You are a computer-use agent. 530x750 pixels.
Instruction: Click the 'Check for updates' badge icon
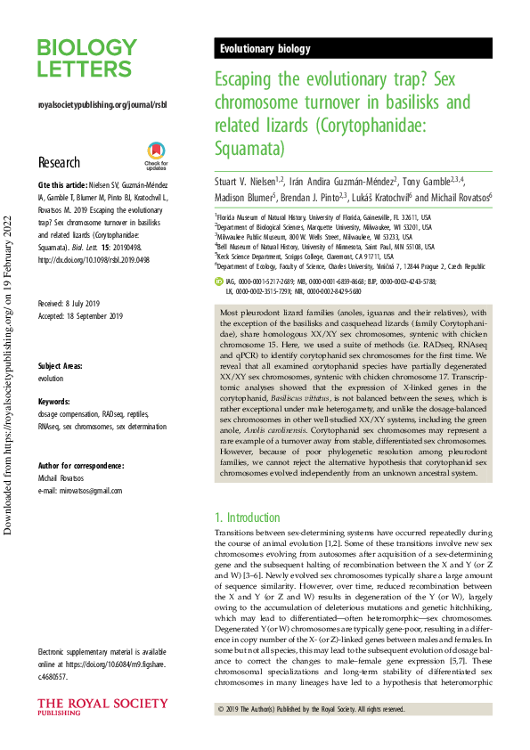click(156, 158)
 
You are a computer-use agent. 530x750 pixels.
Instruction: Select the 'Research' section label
click(59, 163)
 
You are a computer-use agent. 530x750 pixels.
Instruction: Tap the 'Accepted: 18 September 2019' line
click(80, 291)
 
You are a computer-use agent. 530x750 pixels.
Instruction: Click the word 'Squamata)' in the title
click(250, 145)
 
